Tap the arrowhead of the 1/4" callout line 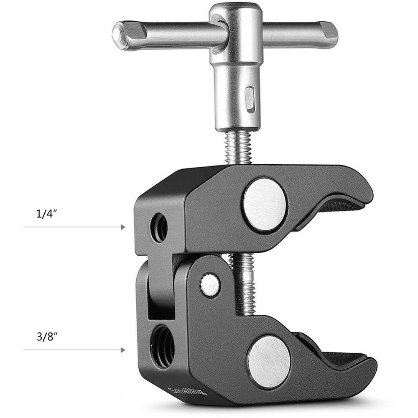click(x=123, y=227)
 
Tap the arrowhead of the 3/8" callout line click(x=123, y=349)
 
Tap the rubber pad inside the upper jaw click(x=334, y=213)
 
